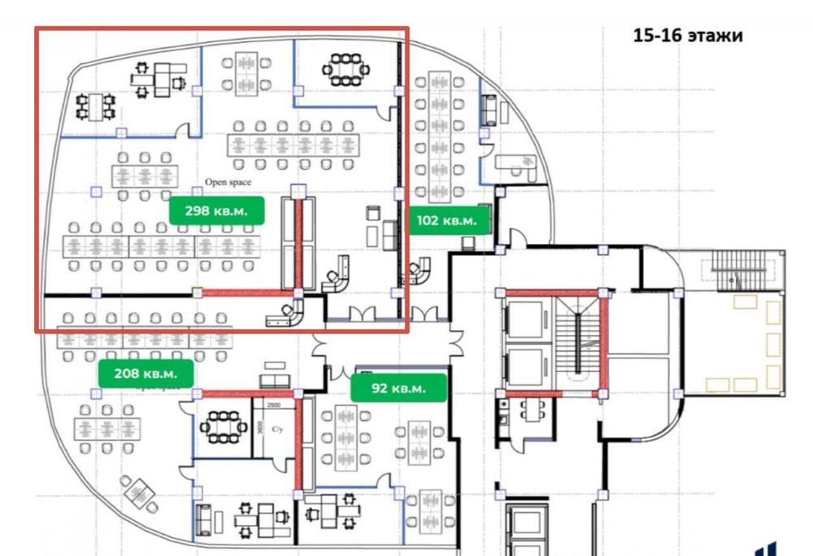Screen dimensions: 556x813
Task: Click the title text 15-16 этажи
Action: click(x=688, y=37)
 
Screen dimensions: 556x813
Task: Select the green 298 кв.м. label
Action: click(x=217, y=211)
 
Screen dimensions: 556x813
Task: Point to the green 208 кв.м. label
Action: click(x=146, y=374)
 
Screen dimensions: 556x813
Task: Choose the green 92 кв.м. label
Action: click(x=399, y=388)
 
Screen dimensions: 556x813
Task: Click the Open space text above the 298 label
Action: click(x=228, y=182)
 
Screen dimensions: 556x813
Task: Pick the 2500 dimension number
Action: click(x=274, y=404)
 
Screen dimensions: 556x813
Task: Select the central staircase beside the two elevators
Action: click(x=579, y=341)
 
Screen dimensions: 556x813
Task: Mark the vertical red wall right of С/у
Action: click(x=298, y=443)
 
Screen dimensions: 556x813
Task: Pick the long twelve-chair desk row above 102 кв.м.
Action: click(x=439, y=137)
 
